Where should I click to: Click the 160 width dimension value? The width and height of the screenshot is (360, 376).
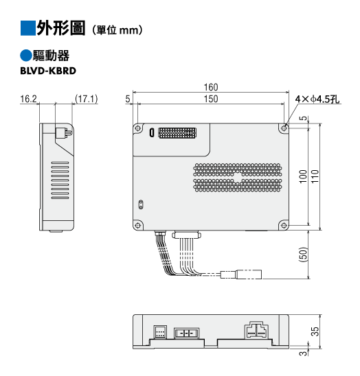[x=211, y=87]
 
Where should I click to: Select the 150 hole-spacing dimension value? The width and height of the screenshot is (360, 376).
[x=211, y=99]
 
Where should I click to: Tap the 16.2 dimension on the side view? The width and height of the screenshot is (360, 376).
[x=28, y=99]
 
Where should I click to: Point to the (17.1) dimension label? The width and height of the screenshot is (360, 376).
[x=86, y=99]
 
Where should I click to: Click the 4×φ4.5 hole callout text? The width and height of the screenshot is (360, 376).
[x=317, y=99]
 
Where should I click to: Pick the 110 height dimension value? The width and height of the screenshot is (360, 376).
[x=315, y=176]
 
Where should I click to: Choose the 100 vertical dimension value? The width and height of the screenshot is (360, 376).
[x=303, y=176]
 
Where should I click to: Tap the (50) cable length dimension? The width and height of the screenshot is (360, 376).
[x=304, y=254]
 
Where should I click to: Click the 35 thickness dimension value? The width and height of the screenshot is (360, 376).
[x=315, y=331]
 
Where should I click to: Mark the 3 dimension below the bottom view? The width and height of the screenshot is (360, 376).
[x=304, y=353]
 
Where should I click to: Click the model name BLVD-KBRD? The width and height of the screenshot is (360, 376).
[x=48, y=71]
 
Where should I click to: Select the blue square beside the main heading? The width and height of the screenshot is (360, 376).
[x=28, y=28]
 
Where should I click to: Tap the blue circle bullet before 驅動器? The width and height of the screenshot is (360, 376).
[x=25, y=56]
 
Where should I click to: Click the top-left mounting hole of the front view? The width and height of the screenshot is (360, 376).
[x=138, y=128]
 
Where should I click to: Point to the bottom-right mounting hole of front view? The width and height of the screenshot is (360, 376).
[x=284, y=226]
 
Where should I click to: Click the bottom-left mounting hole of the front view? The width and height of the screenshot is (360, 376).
[x=138, y=226]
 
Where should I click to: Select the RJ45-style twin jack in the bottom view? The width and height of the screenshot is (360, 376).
[x=256, y=330]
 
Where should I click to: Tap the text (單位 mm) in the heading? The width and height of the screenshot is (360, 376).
[x=117, y=30]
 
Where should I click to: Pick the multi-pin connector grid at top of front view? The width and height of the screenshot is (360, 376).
[x=177, y=133]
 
